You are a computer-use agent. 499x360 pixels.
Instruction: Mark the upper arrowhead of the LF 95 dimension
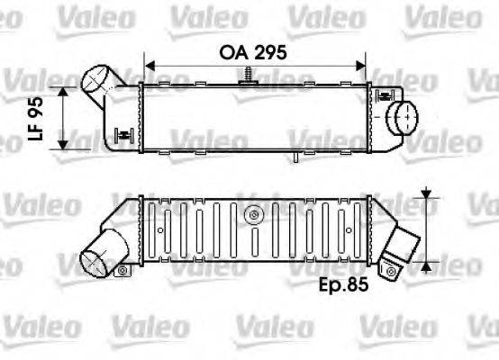pos(64,92)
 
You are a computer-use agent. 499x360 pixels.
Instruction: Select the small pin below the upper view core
pos(295,158)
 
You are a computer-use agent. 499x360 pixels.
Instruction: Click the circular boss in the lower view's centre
pos(255,215)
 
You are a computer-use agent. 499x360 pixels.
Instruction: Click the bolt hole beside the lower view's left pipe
pos(122,270)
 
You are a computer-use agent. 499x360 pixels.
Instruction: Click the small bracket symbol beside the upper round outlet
pos(385,94)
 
